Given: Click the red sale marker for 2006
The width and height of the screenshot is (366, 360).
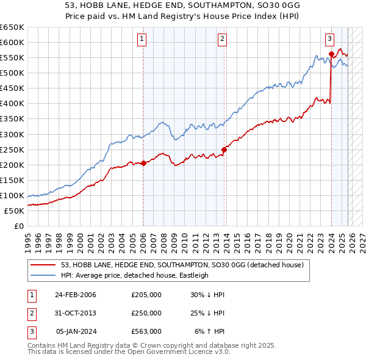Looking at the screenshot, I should click(x=143, y=163).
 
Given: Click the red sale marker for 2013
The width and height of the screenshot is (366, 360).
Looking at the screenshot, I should click(x=224, y=149).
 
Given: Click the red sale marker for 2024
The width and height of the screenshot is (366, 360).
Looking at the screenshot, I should click(x=331, y=54).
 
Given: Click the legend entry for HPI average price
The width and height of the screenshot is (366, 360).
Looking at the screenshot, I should click(x=134, y=275).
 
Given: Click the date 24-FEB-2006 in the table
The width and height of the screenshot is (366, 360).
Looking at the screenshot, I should click(x=76, y=295).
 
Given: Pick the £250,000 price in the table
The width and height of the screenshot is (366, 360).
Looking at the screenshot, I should click(x=146, y=313).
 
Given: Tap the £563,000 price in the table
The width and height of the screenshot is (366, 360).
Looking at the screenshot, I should click(x=146, y=331).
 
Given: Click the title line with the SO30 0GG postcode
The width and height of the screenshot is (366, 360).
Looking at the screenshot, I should click(x=182, y=4).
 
